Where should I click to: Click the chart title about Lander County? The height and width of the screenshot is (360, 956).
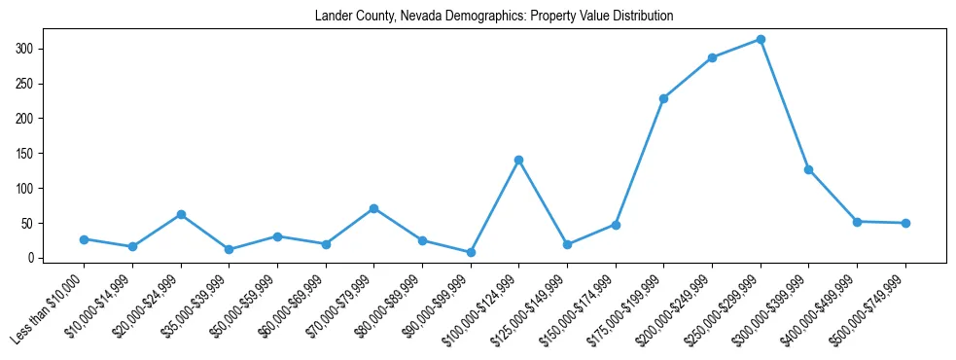point(494,17)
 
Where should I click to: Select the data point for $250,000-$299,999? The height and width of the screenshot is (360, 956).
point(761,39)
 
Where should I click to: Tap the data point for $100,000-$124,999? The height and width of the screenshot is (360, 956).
point(518,160)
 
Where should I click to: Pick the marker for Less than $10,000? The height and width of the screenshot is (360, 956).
point(84,239)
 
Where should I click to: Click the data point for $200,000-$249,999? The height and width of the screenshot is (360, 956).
point(712,57)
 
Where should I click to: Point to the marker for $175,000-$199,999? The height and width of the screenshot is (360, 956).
point(663,98)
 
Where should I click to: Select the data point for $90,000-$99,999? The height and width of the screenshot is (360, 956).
point(471,252)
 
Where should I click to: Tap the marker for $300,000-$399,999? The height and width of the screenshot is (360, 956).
point(808,169)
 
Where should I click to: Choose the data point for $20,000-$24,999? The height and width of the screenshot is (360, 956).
point(180,214)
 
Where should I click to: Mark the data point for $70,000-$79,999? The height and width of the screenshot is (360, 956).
point(373,208)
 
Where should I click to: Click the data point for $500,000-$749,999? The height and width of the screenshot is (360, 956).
point(905,223)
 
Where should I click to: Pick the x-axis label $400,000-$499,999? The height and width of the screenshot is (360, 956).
point(820,309)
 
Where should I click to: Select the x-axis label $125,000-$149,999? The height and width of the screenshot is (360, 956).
point(530,309)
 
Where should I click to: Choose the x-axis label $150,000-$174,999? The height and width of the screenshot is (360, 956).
point(579,309)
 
